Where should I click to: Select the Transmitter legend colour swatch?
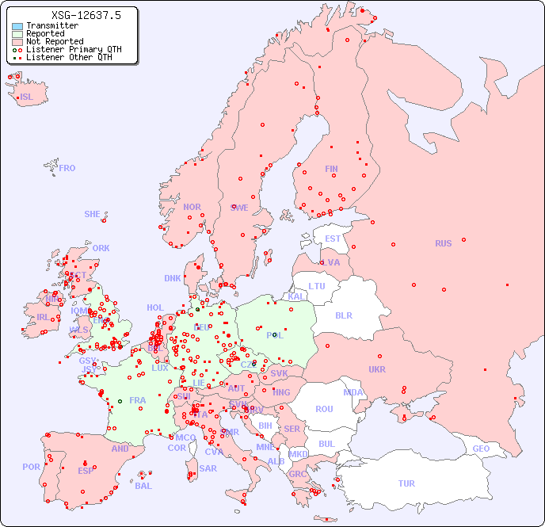click(x=17, y=26)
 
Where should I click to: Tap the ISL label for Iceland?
click(x=27, y=97)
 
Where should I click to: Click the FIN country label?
click(x=331, y=169)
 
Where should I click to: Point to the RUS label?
click(x=443, y=243)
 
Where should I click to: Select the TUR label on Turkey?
click(x=406, y=483)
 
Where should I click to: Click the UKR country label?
click(x=377, y=369)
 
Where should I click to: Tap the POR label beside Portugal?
click(x=31, y=467)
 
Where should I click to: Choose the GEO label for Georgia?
click(x=481, y=449)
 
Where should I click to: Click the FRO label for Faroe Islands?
click(x=67, y=168)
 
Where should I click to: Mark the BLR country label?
click(x=343, y=315)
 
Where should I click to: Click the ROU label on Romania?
click(x=324, y=409)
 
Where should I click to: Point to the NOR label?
click(x=192, y=207)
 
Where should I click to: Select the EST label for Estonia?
click(x=333, y=239)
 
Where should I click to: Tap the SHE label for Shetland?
click(x=93, y=214)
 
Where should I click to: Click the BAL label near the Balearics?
click(x=143, y=486)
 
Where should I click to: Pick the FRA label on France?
click(x=138, y=400)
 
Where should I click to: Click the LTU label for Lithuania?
click(x=317, y=286)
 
